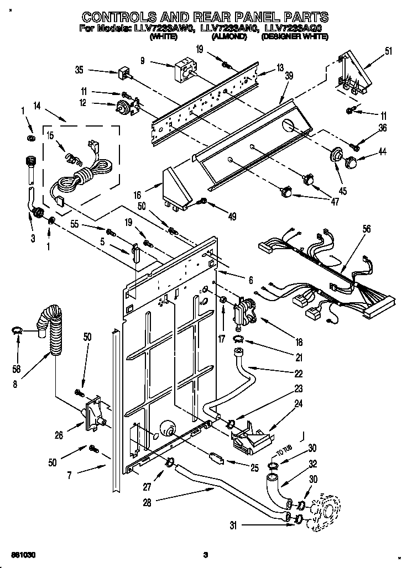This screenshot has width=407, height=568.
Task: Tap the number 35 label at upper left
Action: click(x=79, y=70)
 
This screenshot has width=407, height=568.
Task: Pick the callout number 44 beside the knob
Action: click(x=383, y=151)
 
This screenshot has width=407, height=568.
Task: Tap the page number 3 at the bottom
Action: click(x=205, y=555)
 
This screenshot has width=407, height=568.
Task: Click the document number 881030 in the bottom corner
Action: click(x=20, y=554)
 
